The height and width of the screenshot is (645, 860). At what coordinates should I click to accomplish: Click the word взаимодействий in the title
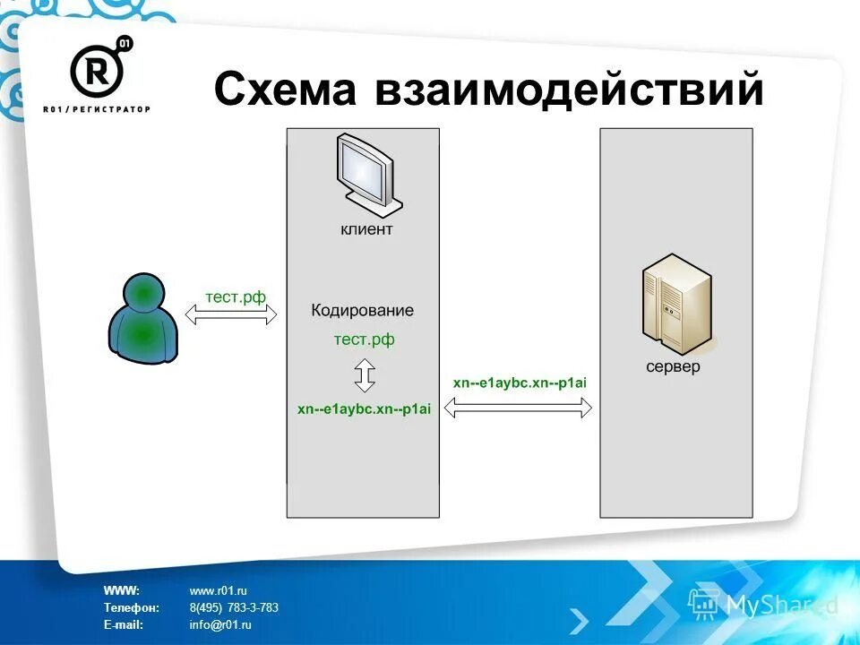pyautogui.click(x=570, y=90)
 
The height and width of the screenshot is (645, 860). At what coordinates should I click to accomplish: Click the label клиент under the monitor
pyautogui.click(x=365, y=229)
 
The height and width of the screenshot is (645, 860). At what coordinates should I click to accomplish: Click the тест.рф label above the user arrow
pyautogui.click(x=236, y=297)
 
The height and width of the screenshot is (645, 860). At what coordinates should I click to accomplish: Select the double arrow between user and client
pyautogui.click(x=231, y=315)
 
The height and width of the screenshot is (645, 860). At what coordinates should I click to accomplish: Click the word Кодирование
pyautogui.click(x=363, y=311)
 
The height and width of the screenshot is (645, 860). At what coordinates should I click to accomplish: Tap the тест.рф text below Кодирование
pyautogui.click(x=364, y=340)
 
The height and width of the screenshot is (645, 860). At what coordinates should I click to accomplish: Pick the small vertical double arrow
pyautogui.click(x=364, y=374)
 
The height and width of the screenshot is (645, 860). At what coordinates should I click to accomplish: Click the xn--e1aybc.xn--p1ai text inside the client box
pyautogui.click(x=364, y=408)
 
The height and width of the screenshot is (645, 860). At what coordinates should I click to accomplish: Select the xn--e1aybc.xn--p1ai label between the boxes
pyautogui.click(x=520, y=383)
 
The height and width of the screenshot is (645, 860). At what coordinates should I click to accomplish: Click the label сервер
pyautogui.click(x=674, y=367)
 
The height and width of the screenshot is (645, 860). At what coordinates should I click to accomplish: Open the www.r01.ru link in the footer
pyautogui.click(x=218, y=590)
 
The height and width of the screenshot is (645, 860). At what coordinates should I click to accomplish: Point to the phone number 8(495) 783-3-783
pyautogui.click(x=234, y=607)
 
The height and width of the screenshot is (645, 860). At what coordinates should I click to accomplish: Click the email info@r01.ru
pyautogui.click(x=220, y=625)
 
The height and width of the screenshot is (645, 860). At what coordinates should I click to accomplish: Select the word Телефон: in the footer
pyautogui.click(x=131, y=607)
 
